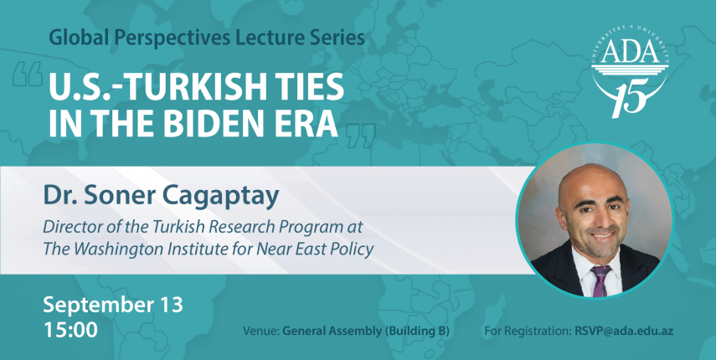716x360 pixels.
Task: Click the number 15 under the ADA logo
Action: pyautogui.click(x=631, y=97)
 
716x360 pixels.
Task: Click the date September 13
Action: pyautogui.click(x=113, y=305)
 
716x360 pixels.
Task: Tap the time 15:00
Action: pyautogui.click(x=70, y=329)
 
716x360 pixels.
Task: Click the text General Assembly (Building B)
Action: pyautogui.click(x=366, y=332)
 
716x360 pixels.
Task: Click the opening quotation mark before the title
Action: pyautogui.click(x=28, y=75)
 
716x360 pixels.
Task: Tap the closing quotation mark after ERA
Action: pyautogui.click(x=361, y=136)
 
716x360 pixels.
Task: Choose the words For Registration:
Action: pyautogui.click(x=526, y=332)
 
